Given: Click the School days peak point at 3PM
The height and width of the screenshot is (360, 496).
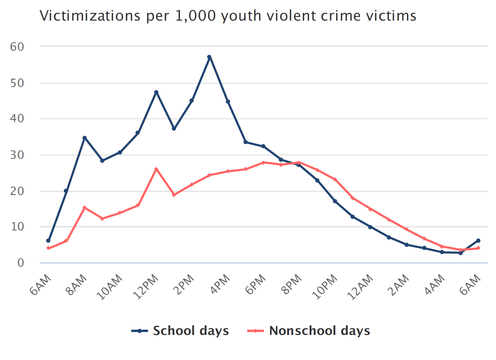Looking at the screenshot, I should coord(209,57).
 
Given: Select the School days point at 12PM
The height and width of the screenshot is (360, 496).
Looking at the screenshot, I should coord(156,92).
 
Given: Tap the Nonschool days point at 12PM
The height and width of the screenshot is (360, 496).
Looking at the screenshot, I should coord(156,169).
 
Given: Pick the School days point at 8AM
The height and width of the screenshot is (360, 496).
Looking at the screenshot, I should coord(85,138).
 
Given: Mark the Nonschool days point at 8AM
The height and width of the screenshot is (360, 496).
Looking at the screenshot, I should coord(85,207).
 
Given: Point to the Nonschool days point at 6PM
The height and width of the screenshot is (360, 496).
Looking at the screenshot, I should coord(263,162).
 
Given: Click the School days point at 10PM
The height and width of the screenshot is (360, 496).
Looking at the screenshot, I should coord(335,201).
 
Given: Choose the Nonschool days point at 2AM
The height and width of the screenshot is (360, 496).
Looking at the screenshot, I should coord(407,229).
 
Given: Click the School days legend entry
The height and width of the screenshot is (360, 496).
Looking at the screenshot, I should coord(180,331).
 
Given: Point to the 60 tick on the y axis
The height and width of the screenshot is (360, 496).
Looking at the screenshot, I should coord(17,47).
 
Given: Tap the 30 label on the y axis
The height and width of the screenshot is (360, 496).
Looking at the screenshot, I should coord(17,155).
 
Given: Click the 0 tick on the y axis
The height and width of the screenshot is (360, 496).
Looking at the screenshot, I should coord(20,263).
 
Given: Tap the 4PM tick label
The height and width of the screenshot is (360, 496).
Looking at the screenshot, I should coord(221,284).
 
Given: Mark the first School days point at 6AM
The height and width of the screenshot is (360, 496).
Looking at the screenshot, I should coord(48,241).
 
